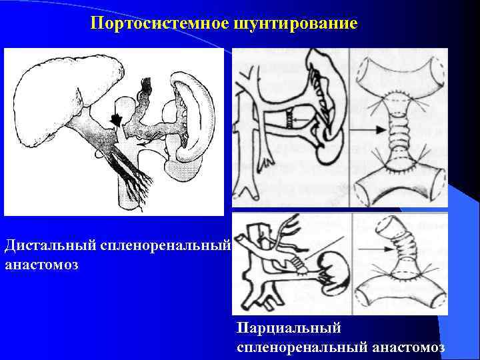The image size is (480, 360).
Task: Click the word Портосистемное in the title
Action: pyautogui.click(x=159, y=25)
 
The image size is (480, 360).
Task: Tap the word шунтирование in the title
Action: pyautogui.click(x=295, y=25)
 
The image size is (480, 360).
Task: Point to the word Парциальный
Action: pyautogui.click(x=289, y=328)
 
